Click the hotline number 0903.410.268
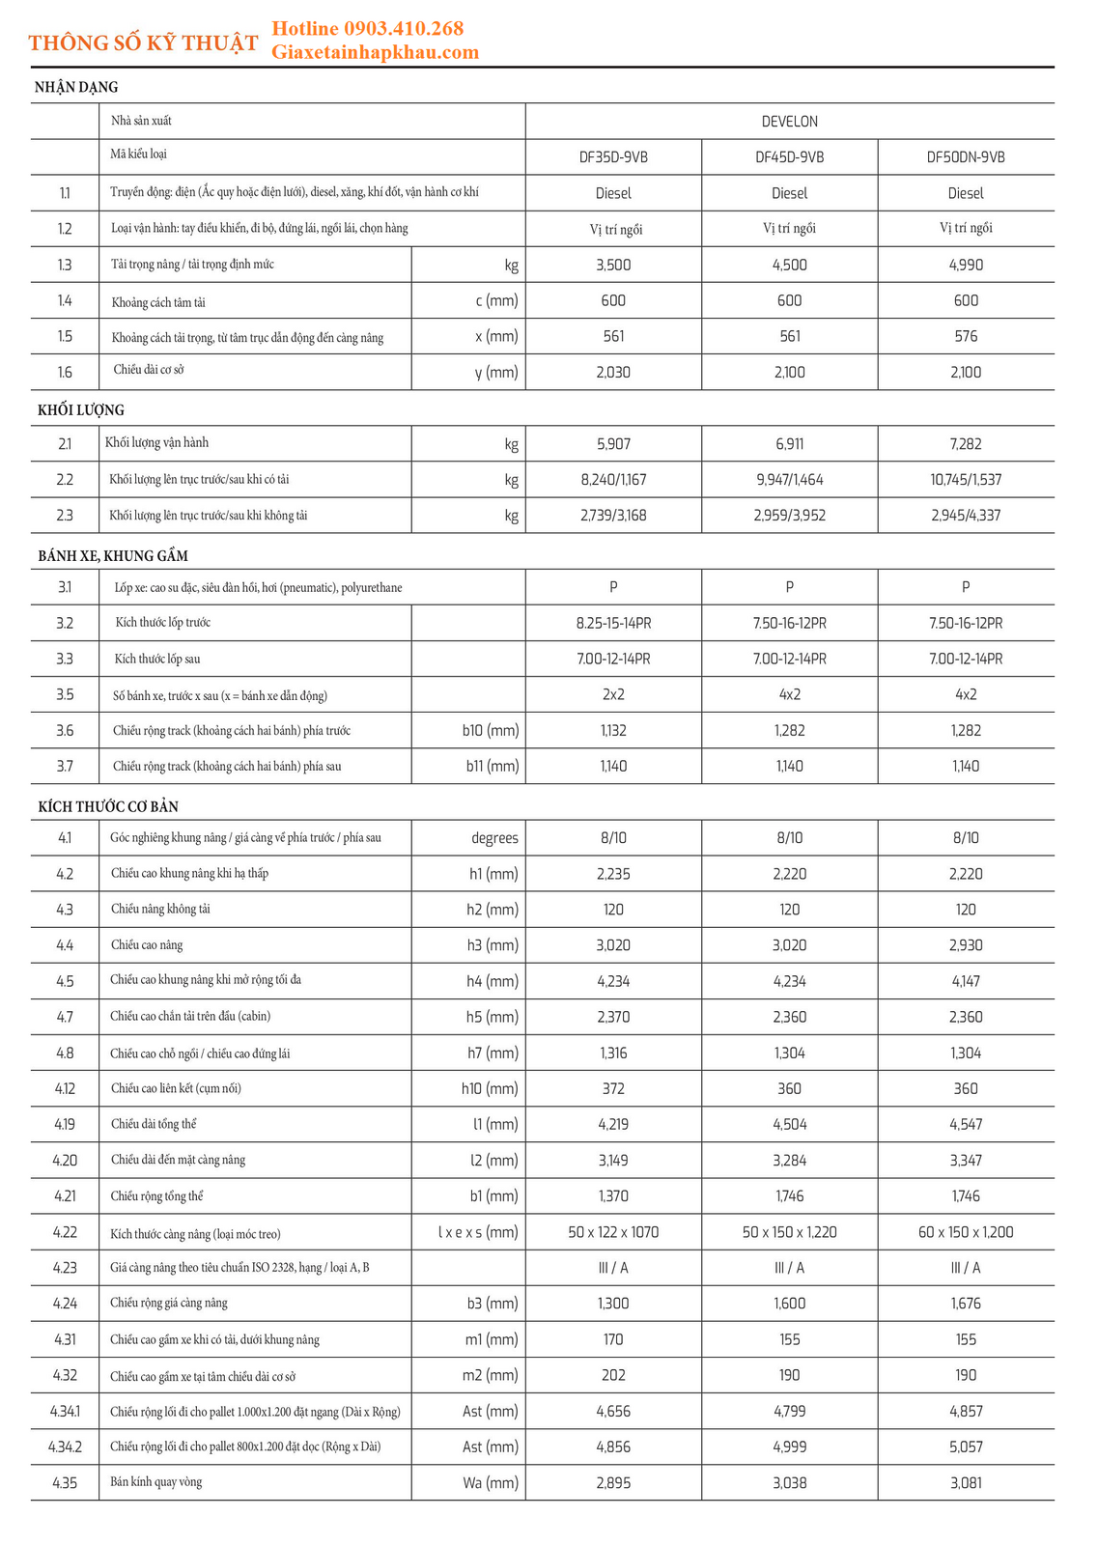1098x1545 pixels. pyautogui.click(x=403, y=28)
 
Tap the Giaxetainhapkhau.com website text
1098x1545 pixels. pyautogui.click(x=375, y=52)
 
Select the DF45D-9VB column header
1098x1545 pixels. pyautogui.click(x=789, y=157)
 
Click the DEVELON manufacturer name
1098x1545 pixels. pyautogui.click(x=789, y=122)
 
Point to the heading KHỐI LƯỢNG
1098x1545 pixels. pyautogui.click(x=81, y=410)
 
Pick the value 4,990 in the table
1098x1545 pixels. pyautogui.click(x=966, y=265)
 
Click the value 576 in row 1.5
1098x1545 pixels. pyautogui.click(x=966, y=336)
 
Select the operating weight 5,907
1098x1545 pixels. pyautogui.click(x=613, y=444)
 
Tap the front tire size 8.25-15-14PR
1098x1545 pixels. pyautogui.click(x=613, y=623)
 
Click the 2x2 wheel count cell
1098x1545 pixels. pyautogui.click(x=613, y=694)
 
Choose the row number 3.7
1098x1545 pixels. pyautogui.click(x=65, y=766)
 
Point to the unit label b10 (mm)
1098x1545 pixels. pyautogui.click(x=491, y=731)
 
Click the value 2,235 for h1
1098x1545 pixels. pyautogui.click(x=613, y=874)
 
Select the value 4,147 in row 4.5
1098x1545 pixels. pyautogui.click(x=966, y=981)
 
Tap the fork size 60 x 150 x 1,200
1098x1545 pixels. pyautogui.click(x=966, y=1232)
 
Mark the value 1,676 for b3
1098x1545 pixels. pyautogui.click(x=966, y=1304)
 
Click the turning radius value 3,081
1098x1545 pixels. pyautogui.click(x=966, y=1482)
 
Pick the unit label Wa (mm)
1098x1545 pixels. pyautogui.click(x=491, y=1482)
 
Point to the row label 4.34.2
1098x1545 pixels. pyautogui.click(x=65, y=1447)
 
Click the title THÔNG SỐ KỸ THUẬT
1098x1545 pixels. pyautogui.click(x=143, y=43)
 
